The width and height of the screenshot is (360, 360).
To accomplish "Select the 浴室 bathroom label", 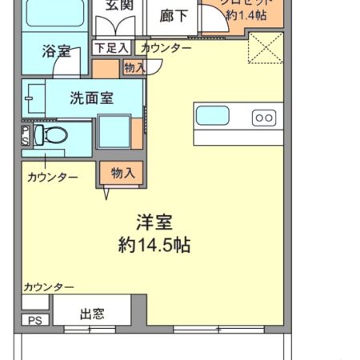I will click(56, 52).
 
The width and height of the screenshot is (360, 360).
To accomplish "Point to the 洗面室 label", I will click(91, 99).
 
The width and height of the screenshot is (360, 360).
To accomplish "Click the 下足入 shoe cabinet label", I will click(111, 48).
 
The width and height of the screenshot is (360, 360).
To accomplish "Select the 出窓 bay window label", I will click(92, 314).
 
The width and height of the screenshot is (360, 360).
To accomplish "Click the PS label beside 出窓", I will click(34, 321).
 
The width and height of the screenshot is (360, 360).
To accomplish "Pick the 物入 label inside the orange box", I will click(122, 173).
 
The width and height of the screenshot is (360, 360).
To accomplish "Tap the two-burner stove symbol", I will click(264, 118).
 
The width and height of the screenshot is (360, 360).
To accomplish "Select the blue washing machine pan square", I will click(114, 132).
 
